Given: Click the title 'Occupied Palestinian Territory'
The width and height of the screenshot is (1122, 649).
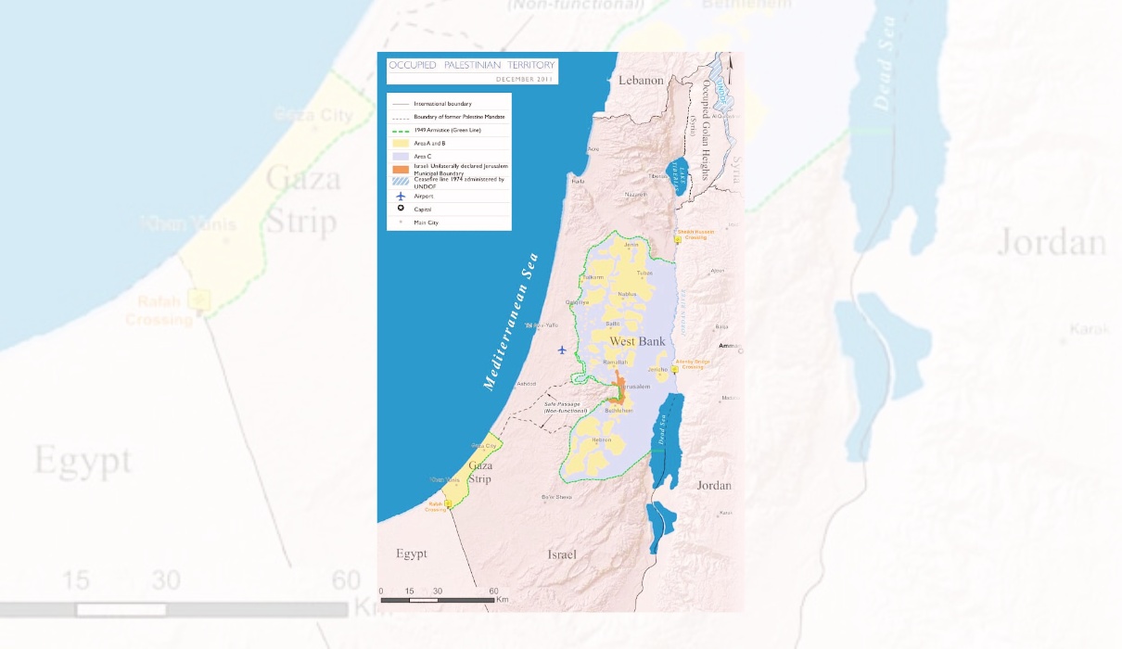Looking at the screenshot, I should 472,65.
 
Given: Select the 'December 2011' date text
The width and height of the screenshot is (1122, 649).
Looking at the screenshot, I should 524,79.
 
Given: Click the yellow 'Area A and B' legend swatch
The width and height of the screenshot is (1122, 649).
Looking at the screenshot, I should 400,144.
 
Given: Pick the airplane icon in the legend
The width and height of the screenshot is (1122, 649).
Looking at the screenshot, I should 400,196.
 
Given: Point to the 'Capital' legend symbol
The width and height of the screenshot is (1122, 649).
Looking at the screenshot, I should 400,209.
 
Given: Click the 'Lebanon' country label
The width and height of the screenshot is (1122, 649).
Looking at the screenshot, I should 642,81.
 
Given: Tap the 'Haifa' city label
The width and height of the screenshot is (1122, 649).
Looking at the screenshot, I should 578,182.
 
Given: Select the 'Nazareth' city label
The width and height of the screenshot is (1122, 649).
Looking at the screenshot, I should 635,195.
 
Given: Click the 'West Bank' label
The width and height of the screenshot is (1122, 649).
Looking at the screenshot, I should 637,342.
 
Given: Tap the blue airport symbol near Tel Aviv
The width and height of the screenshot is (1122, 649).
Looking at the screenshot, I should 562,350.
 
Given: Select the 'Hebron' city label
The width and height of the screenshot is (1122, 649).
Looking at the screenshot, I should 601,439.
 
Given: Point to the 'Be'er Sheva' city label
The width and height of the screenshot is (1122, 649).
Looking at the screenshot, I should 557,497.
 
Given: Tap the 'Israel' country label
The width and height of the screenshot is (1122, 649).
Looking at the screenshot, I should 561,554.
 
